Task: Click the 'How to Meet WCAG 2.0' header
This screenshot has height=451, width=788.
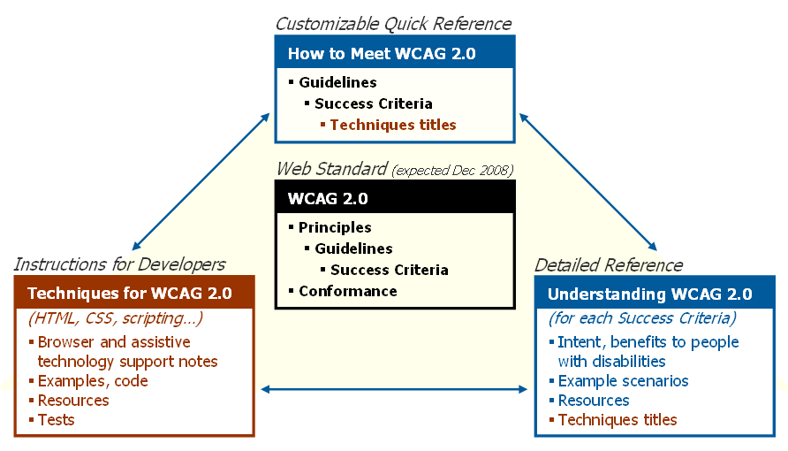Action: (382, 54)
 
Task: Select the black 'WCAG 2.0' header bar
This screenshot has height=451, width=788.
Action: (394, 198)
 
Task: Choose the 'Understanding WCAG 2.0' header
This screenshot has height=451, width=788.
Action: (650, 294)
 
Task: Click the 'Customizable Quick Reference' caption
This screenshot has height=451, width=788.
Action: (393, 24)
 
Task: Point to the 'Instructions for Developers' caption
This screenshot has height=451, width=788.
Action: (119, 264)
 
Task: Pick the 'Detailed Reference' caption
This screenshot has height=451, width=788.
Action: (609, 265)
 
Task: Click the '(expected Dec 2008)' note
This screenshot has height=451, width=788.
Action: (451, 170)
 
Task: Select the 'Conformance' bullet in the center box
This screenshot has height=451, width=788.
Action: (347, 291)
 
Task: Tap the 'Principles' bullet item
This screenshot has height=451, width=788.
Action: (335, 227)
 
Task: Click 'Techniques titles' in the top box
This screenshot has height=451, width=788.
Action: (393, 125)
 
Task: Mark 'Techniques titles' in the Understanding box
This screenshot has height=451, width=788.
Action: (618, 420)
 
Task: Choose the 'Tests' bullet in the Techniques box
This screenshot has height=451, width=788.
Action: (57, 420)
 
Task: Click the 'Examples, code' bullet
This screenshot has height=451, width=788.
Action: (93, 381)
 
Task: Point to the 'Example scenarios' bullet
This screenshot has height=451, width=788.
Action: (623, 381)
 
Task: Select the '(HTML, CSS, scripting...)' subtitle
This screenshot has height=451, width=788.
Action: (116, 318)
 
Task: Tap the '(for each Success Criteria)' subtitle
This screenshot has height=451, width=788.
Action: (642, 318)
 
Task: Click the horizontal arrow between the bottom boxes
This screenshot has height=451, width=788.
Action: (394, 388)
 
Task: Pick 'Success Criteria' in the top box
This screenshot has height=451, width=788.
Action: (373, 103)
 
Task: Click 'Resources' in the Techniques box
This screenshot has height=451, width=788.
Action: (73, 401)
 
